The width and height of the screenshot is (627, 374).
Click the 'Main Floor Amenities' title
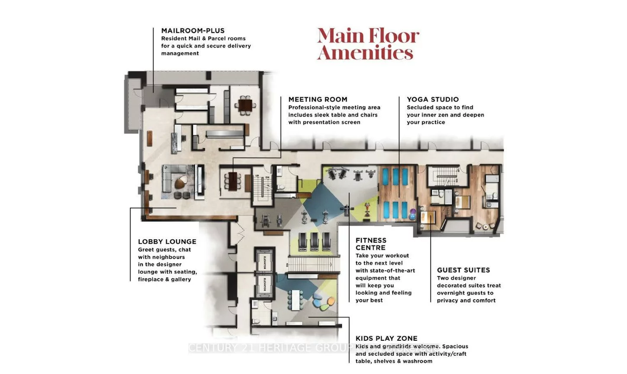pyautogui.click(x=368, y=44)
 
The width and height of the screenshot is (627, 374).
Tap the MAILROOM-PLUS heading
pyautogui.click(x=193, y=31)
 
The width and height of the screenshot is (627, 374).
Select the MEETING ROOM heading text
pyautogui.click(x=318, y=99)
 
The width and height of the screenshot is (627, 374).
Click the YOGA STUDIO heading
pyautogui.click(x=432, y=99)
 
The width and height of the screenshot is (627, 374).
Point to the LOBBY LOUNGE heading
pyautogui.click(x=167, y=242)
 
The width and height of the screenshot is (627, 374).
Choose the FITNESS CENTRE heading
pyautogui.click(x=371, y=244)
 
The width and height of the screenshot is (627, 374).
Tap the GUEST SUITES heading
pyautogui.click(x=463, y=270)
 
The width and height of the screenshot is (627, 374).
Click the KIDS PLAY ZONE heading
pyautogui.click(x=386, y=339)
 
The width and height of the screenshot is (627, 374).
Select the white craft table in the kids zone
pyautogui.click(x=297, y=299)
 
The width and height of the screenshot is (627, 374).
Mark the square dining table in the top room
pyautogui.click(x=245, y=105)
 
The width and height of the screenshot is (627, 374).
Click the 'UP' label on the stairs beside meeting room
pyautogui.click(x=257, y=176)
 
